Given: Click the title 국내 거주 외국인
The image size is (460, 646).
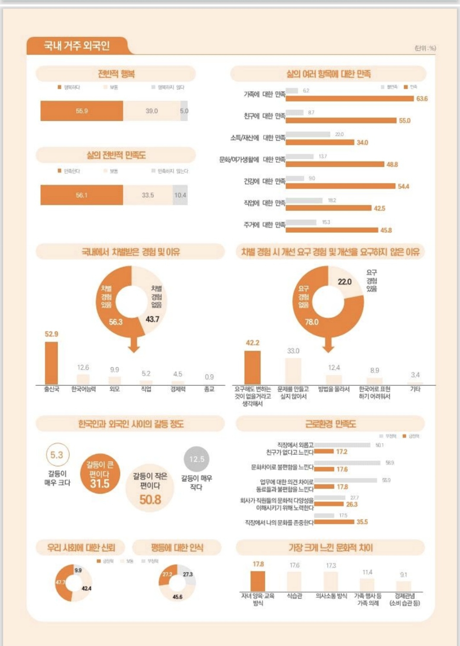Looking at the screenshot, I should click(77, 46).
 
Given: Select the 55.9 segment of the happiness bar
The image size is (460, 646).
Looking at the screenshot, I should click(82, 111).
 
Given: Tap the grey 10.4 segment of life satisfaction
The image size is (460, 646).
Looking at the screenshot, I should click(180, 195).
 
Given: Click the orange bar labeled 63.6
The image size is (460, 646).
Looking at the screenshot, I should click(349, 99).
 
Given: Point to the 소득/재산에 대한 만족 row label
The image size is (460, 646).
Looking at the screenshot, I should click(258, 138).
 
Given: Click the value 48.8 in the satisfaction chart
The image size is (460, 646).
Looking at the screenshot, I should click(392, 165).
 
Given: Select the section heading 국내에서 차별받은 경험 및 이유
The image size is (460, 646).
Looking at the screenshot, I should click(130, 252).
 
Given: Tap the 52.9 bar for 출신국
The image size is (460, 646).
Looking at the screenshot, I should click(52, 363).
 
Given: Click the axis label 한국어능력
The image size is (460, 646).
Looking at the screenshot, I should click(83, 389).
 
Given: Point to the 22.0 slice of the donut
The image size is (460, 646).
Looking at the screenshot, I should click(345, 282).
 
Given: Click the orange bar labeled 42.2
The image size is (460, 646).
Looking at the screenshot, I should click(252, 368).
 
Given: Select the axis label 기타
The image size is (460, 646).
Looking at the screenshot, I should click(415, 389).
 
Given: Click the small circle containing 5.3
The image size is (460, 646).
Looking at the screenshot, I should click(57, 455).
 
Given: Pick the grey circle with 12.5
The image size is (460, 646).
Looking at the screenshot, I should click(196, 459).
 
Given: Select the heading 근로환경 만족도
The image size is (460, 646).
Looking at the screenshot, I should click(330, 424).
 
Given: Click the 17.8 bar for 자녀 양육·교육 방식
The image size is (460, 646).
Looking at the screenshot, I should click(258, 581).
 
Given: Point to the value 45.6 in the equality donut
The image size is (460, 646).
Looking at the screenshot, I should click(177, 597).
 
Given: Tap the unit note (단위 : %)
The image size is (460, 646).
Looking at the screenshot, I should click(425, 48).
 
